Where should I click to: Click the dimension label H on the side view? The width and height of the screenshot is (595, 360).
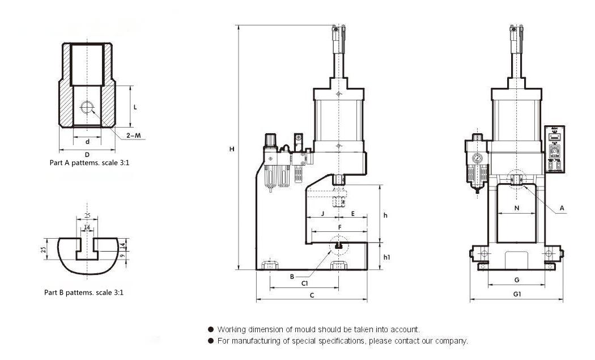232,149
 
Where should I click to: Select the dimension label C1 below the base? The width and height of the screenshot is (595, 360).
304,282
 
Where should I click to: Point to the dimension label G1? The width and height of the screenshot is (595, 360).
517,294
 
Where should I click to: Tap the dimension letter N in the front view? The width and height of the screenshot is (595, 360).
517,208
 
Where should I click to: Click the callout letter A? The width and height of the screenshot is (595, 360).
562,209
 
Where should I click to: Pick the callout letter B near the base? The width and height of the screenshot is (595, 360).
292,277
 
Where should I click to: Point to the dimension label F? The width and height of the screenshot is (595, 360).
339,227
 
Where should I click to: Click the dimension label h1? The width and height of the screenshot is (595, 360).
386,257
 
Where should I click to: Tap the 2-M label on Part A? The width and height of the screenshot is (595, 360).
134,135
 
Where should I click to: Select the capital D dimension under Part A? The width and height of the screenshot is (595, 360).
87,154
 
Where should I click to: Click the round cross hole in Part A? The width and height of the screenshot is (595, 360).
87,107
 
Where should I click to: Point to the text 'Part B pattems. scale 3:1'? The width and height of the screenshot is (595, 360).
84,293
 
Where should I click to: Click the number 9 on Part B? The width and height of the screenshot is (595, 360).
123,256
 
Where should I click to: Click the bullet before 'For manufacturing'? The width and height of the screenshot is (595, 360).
211,341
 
